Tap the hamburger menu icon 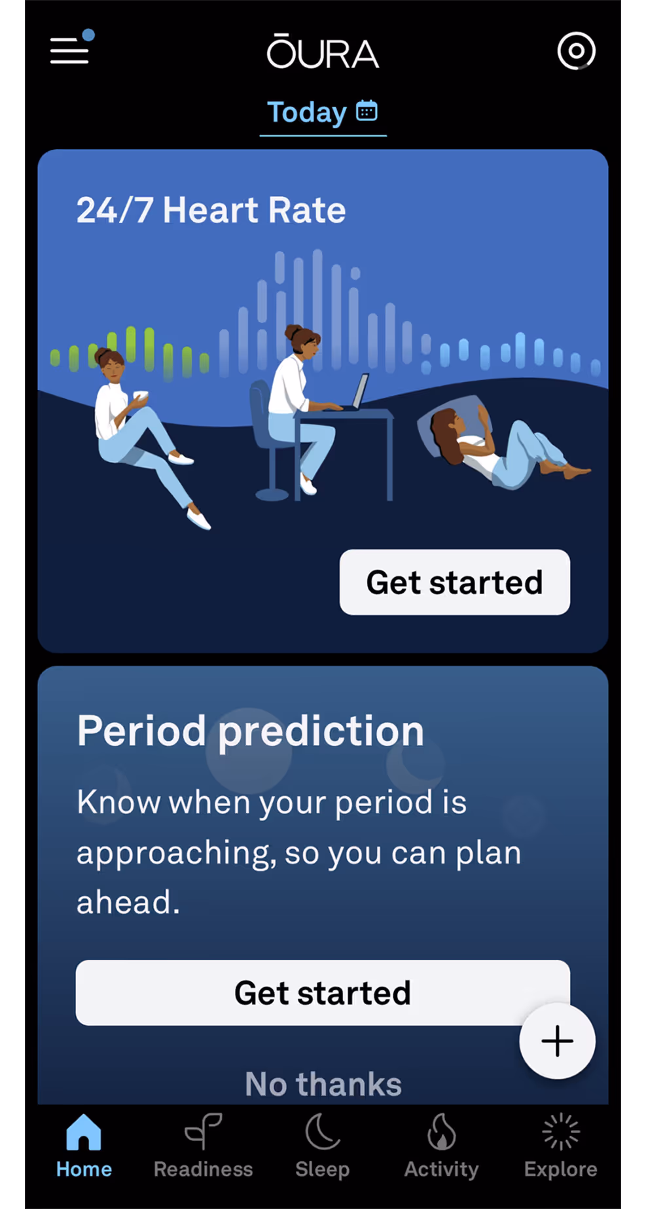69,50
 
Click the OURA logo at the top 323,52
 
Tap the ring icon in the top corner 576,51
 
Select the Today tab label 307,113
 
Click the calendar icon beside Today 367,111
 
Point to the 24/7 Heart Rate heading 211,210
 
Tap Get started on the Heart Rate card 454,582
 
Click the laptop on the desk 359,391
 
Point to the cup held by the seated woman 141,396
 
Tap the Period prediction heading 251,731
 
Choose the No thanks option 323,1084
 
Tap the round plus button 557,1041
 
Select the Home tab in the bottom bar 84,1146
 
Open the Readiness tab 203,1146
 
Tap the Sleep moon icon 323,1132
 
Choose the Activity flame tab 442,1146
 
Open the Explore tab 560,1146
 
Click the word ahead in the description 128,902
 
